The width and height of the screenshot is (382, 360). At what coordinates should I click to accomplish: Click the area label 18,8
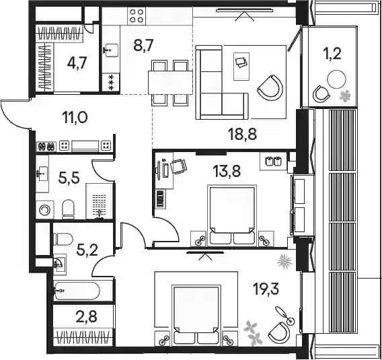click(242, 134)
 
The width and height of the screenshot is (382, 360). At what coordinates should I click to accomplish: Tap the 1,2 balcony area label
click(333, 54)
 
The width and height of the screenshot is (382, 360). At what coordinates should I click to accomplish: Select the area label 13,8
click(227, 171)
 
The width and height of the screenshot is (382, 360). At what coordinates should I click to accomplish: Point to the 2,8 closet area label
click(86, 316)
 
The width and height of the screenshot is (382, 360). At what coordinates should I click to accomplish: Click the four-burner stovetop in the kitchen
click(136, 16)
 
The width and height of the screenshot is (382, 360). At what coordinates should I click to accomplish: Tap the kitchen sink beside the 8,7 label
click(111, 50)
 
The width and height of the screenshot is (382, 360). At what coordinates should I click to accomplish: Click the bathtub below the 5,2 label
click(77, 291)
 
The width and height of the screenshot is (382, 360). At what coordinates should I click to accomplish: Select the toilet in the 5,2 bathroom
click(63, 239)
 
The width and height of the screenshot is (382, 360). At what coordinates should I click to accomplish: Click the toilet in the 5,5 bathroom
click(68, 209)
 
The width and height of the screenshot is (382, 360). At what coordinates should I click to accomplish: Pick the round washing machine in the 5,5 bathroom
click(45, 210)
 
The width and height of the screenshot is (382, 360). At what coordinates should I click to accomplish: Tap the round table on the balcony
click(336, 79)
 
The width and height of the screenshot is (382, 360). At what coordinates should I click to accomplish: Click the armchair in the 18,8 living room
click(270, 87)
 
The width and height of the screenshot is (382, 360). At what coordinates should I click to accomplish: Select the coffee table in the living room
click(241, 67)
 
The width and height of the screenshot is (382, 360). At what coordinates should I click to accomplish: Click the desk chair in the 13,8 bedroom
click(179, 166)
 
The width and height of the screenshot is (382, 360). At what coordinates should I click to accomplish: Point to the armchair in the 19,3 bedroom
click(279, 332)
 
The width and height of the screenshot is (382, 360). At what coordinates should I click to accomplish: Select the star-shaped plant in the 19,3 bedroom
click(284, 261)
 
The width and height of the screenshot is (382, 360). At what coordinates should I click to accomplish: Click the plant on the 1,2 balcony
click(346, 96)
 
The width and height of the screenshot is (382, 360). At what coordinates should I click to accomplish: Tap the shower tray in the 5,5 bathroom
click(100, 201)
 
